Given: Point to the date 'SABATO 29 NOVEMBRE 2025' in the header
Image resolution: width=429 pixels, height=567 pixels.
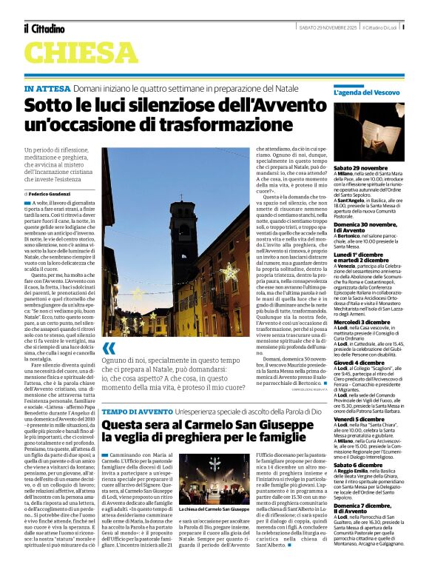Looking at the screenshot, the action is tap(309, 28).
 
